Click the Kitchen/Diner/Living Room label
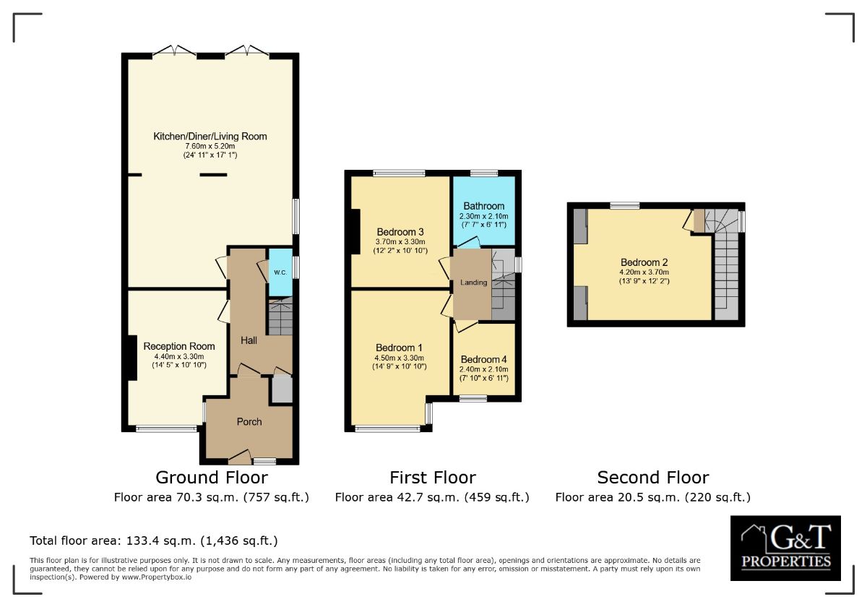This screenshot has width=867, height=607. pyautogui.click(x=210, y=136)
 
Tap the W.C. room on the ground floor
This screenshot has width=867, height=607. pyautogui.click(x=280, y=272)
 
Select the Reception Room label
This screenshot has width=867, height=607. pyautogui.click(x=179, y=346)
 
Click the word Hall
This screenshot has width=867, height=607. pyautogui.click(x=249, y=340)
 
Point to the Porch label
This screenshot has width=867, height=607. pyautogui.click(x=249, y=421)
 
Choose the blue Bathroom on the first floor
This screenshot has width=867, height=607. pyautogui.click(x=483, y=210)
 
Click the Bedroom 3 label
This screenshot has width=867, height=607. pyautogui.click(x=400, y=231)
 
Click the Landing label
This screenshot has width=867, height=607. pyautogui.click(x=474, y=283)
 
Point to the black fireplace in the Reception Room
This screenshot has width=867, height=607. pyautogui.click(x=131, y=358)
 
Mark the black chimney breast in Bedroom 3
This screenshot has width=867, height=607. pyautogui.click(x=355, y=231)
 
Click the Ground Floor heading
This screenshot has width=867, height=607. pyautogui.click(x=212, y=478)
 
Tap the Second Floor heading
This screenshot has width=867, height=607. pyautogui.click(x=652, y=478)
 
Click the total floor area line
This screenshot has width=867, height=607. pyautogui.click(x=153, y=541)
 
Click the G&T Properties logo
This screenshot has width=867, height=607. pyautogui.click(x=785, y=548)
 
